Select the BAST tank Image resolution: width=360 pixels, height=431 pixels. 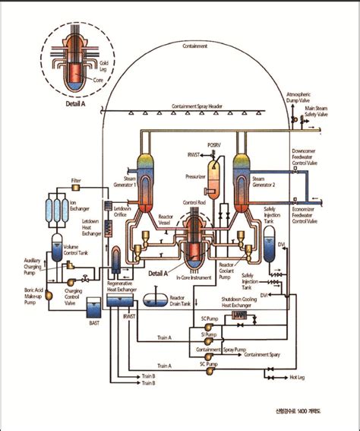pyautogui.click(x=93, y=309)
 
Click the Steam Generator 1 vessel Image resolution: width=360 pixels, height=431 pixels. pyautogui.click(x=147, y=171)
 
